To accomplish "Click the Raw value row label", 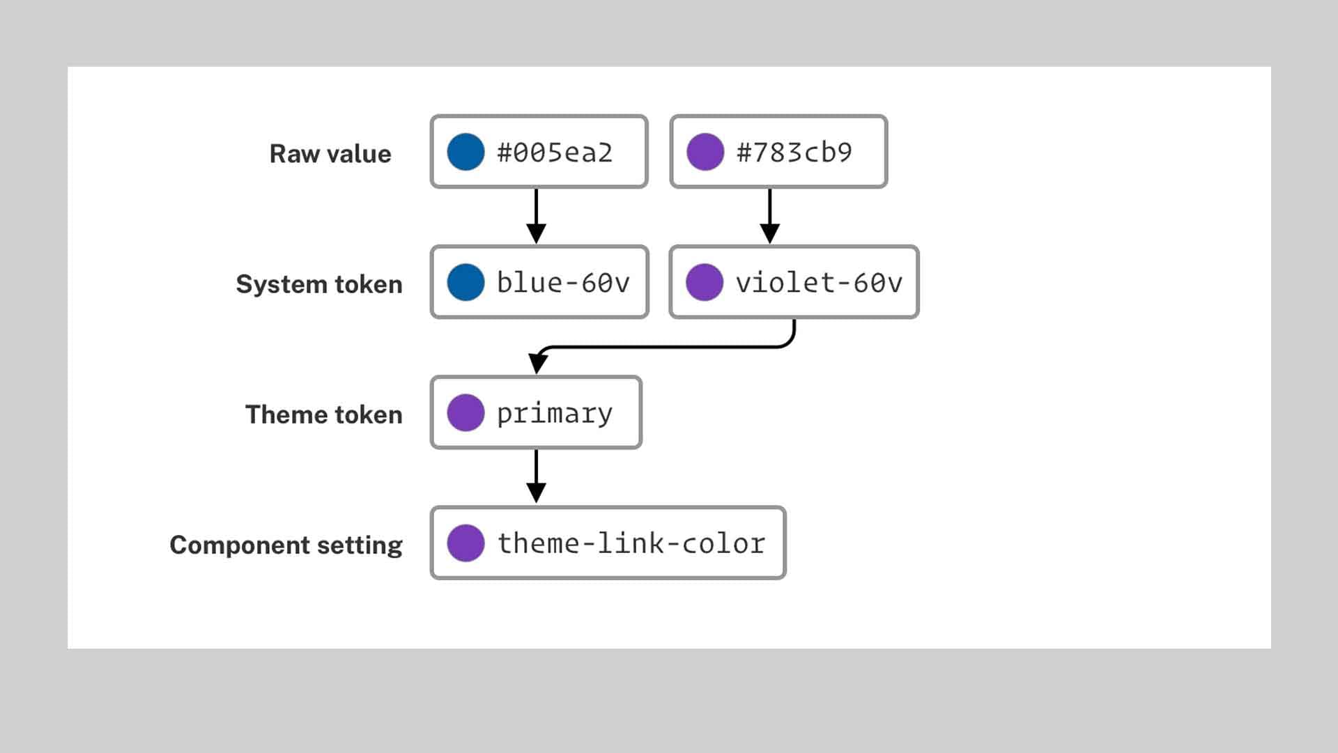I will coord(330,154).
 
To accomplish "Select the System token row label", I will coord(319,284).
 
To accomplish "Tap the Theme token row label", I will coord(324,414).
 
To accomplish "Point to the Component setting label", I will coord(286,545).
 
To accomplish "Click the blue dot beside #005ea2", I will coord(466,152).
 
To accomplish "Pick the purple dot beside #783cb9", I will coord(705,152).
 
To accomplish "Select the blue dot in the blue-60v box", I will coord(466,282).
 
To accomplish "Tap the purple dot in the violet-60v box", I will coord(705,282).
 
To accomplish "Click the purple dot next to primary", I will coord(466,412).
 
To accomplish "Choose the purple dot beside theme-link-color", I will coord(466,543).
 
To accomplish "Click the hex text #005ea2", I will coord(555,153).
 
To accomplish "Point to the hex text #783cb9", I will coord(794,153).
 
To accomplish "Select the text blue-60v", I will coord(563,283).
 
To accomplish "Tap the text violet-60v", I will coord(819,283).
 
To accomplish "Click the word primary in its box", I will coord(555,414).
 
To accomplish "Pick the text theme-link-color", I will coord(631,543).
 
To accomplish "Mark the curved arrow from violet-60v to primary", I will coord(662,346).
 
